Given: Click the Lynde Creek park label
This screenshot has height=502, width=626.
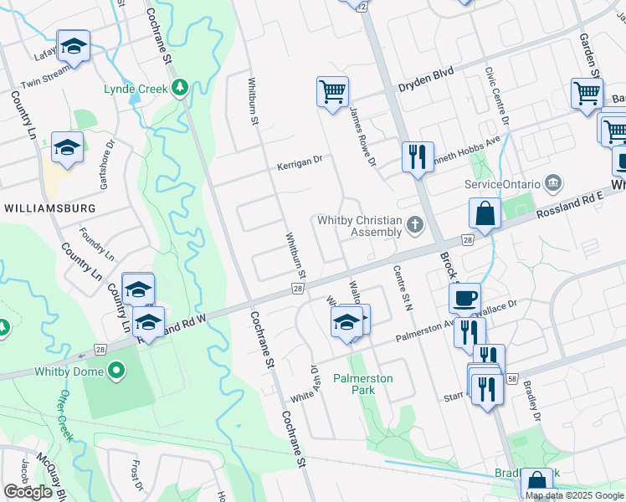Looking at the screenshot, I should pos(136,89).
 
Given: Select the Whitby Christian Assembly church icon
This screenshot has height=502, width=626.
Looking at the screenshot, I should pos(414,224).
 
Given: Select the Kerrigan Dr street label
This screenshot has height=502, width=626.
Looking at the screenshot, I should pos(300,166).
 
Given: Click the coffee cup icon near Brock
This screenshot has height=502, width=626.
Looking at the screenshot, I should pos(464,297).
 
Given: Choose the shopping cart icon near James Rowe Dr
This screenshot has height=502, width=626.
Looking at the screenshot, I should pos(332,91).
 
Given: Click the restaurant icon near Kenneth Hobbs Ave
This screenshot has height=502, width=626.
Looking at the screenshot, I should pos(416,156).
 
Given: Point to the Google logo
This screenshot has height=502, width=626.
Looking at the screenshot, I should pos(28,492).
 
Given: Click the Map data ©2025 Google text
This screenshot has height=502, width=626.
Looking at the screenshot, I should pos(574,495).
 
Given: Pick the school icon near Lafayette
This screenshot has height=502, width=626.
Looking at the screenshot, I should pos(74,47).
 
